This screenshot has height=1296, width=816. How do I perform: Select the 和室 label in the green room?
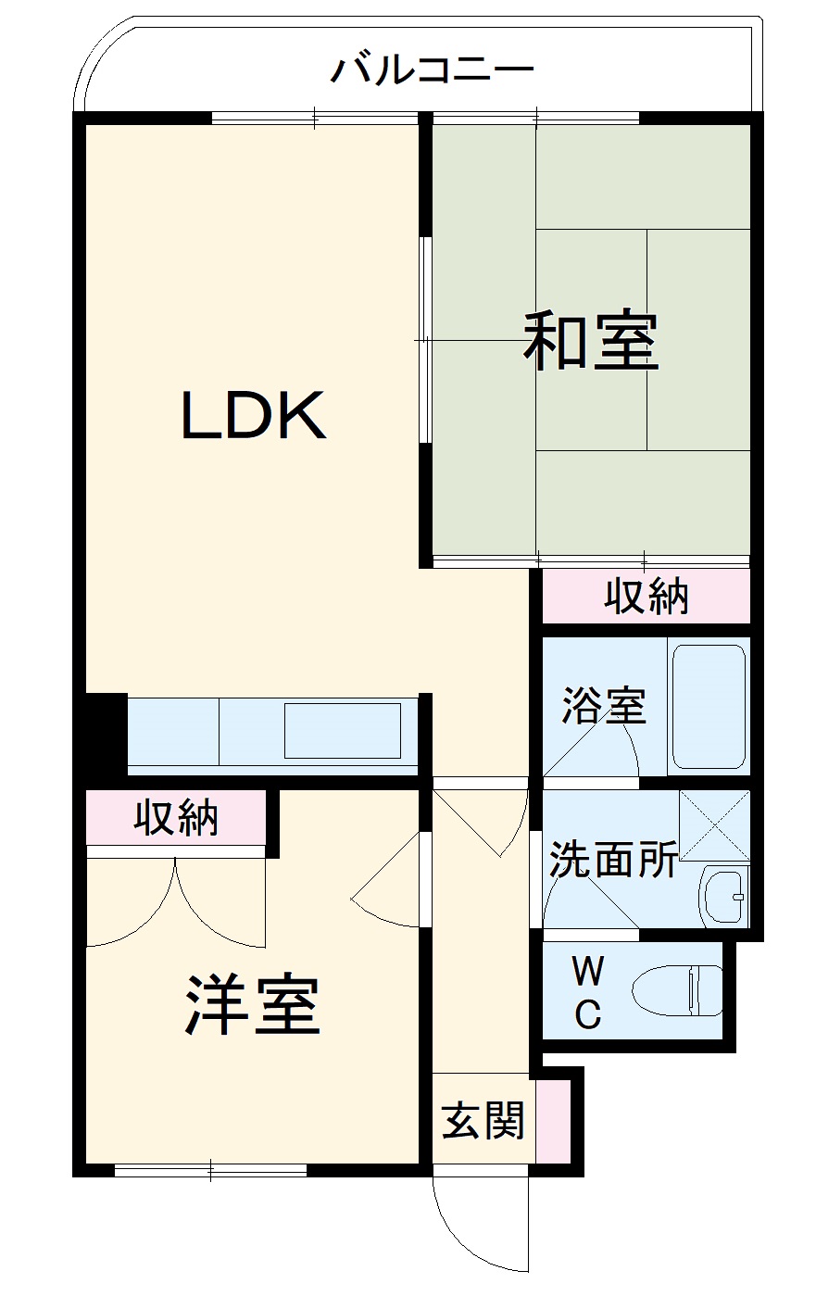click(591, 342)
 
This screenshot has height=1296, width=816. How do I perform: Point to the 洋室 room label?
click(252, 1005)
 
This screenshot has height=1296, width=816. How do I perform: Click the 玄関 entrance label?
click(483, 1120)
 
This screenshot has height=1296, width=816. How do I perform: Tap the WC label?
click(588, 993)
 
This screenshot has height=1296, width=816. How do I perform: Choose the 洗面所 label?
click(613, 860)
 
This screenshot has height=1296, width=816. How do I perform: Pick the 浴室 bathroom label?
click(603, 707)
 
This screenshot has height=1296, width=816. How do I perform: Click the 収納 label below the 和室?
click(647, 597)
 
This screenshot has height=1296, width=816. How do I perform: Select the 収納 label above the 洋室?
click(175, 817)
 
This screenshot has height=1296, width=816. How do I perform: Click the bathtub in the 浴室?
click(709, 707)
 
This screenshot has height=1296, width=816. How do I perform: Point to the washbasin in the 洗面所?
click(724, 896)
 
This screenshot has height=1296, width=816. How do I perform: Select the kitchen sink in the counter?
click(343, 731)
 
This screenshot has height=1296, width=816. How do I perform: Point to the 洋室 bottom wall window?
click(210, 1171)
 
